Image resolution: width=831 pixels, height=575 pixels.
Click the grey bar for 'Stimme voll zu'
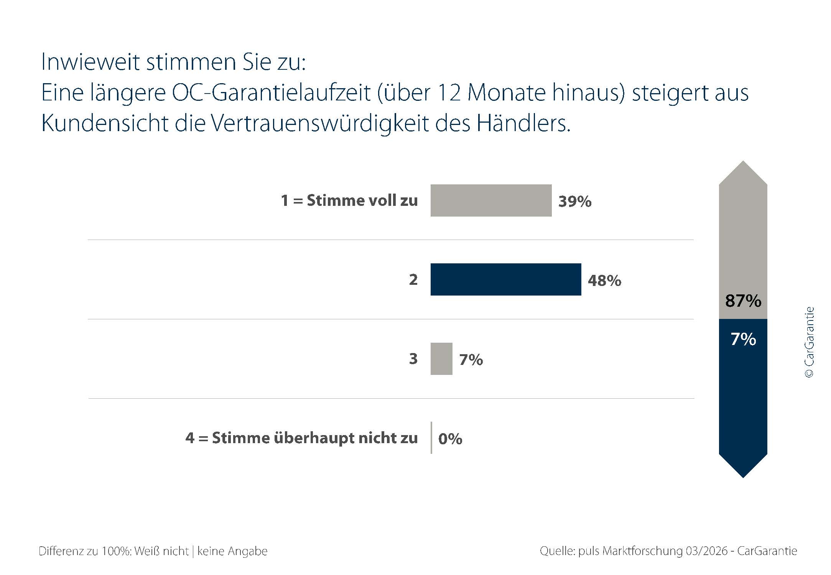[491, 200]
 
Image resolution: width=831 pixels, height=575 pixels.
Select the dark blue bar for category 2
[506, 279]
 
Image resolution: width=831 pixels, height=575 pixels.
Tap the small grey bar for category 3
[441, 359]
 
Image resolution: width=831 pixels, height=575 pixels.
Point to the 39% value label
[575, 202]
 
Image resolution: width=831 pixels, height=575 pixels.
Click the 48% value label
[604, 281]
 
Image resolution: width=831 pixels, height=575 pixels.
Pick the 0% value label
[450, 439]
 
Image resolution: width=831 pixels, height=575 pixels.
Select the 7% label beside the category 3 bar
[471, 360]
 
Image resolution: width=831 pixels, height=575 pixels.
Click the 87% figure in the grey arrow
[743, 301]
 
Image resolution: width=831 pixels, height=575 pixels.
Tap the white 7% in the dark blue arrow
[743, 339]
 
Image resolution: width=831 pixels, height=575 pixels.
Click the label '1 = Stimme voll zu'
[349, 200]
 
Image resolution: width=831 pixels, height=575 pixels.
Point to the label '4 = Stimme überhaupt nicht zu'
[301, 438]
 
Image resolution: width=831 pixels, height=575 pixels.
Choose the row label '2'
[413, 280]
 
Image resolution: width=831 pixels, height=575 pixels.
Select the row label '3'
[413, 359]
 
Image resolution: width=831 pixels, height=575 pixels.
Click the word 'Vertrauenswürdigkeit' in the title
[319, 123]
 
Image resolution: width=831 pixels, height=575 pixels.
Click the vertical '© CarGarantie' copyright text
[809, 342]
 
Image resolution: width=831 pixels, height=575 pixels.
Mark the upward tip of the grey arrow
[743, 161]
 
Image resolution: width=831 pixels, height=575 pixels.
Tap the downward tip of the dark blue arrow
[743, 478]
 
